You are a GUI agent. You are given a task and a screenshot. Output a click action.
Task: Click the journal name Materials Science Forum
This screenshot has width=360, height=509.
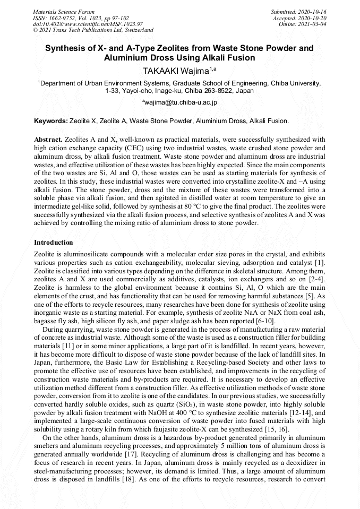(64, 11)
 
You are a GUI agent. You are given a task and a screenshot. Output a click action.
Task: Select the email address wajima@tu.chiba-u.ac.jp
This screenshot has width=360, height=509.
(181, 102)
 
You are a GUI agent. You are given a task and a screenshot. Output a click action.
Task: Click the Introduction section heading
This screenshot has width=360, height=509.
(54, 243)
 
